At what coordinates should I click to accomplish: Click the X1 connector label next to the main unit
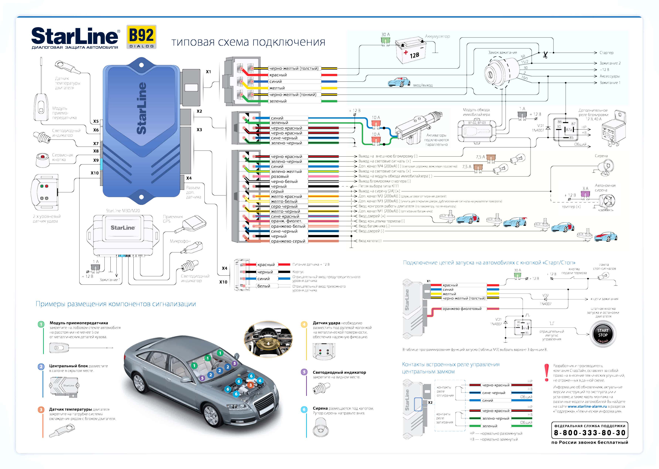(208, 72)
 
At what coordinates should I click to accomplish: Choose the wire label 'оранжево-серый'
(288, 241)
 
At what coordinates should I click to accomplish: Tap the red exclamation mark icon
(546, 373)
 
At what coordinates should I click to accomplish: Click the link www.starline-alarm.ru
(587, 406)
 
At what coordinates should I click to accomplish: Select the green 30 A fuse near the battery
(385, 41)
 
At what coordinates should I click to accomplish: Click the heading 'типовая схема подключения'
(248, 42)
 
